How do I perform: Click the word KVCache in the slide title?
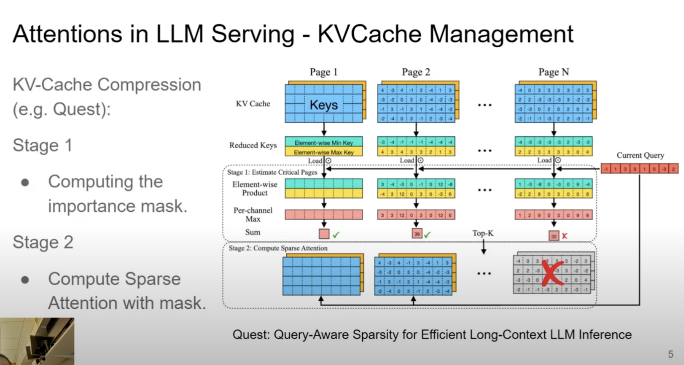point(369,34)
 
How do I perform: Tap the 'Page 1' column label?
point(324,72)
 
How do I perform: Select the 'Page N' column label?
point(554,72)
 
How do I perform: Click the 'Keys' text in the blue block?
point(324,105)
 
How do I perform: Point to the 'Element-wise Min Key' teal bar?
point(324,142)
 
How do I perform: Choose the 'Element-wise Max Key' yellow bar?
point(324,152)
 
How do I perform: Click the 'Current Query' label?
point(640,155)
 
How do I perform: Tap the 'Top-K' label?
point(483,233)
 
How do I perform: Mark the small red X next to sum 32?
point(564,236)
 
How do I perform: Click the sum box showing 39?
point(417,234)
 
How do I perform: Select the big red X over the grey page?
point(552,272)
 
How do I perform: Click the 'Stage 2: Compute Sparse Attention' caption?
point(278,248)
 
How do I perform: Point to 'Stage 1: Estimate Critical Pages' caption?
point(272,172)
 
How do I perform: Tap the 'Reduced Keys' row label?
point(253,145)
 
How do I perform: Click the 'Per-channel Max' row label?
point(253,215)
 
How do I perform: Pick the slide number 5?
point(670,354)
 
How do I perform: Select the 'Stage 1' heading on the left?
point(42,145)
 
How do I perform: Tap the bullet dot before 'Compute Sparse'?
point(25,280)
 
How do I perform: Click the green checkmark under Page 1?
point(336,235)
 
